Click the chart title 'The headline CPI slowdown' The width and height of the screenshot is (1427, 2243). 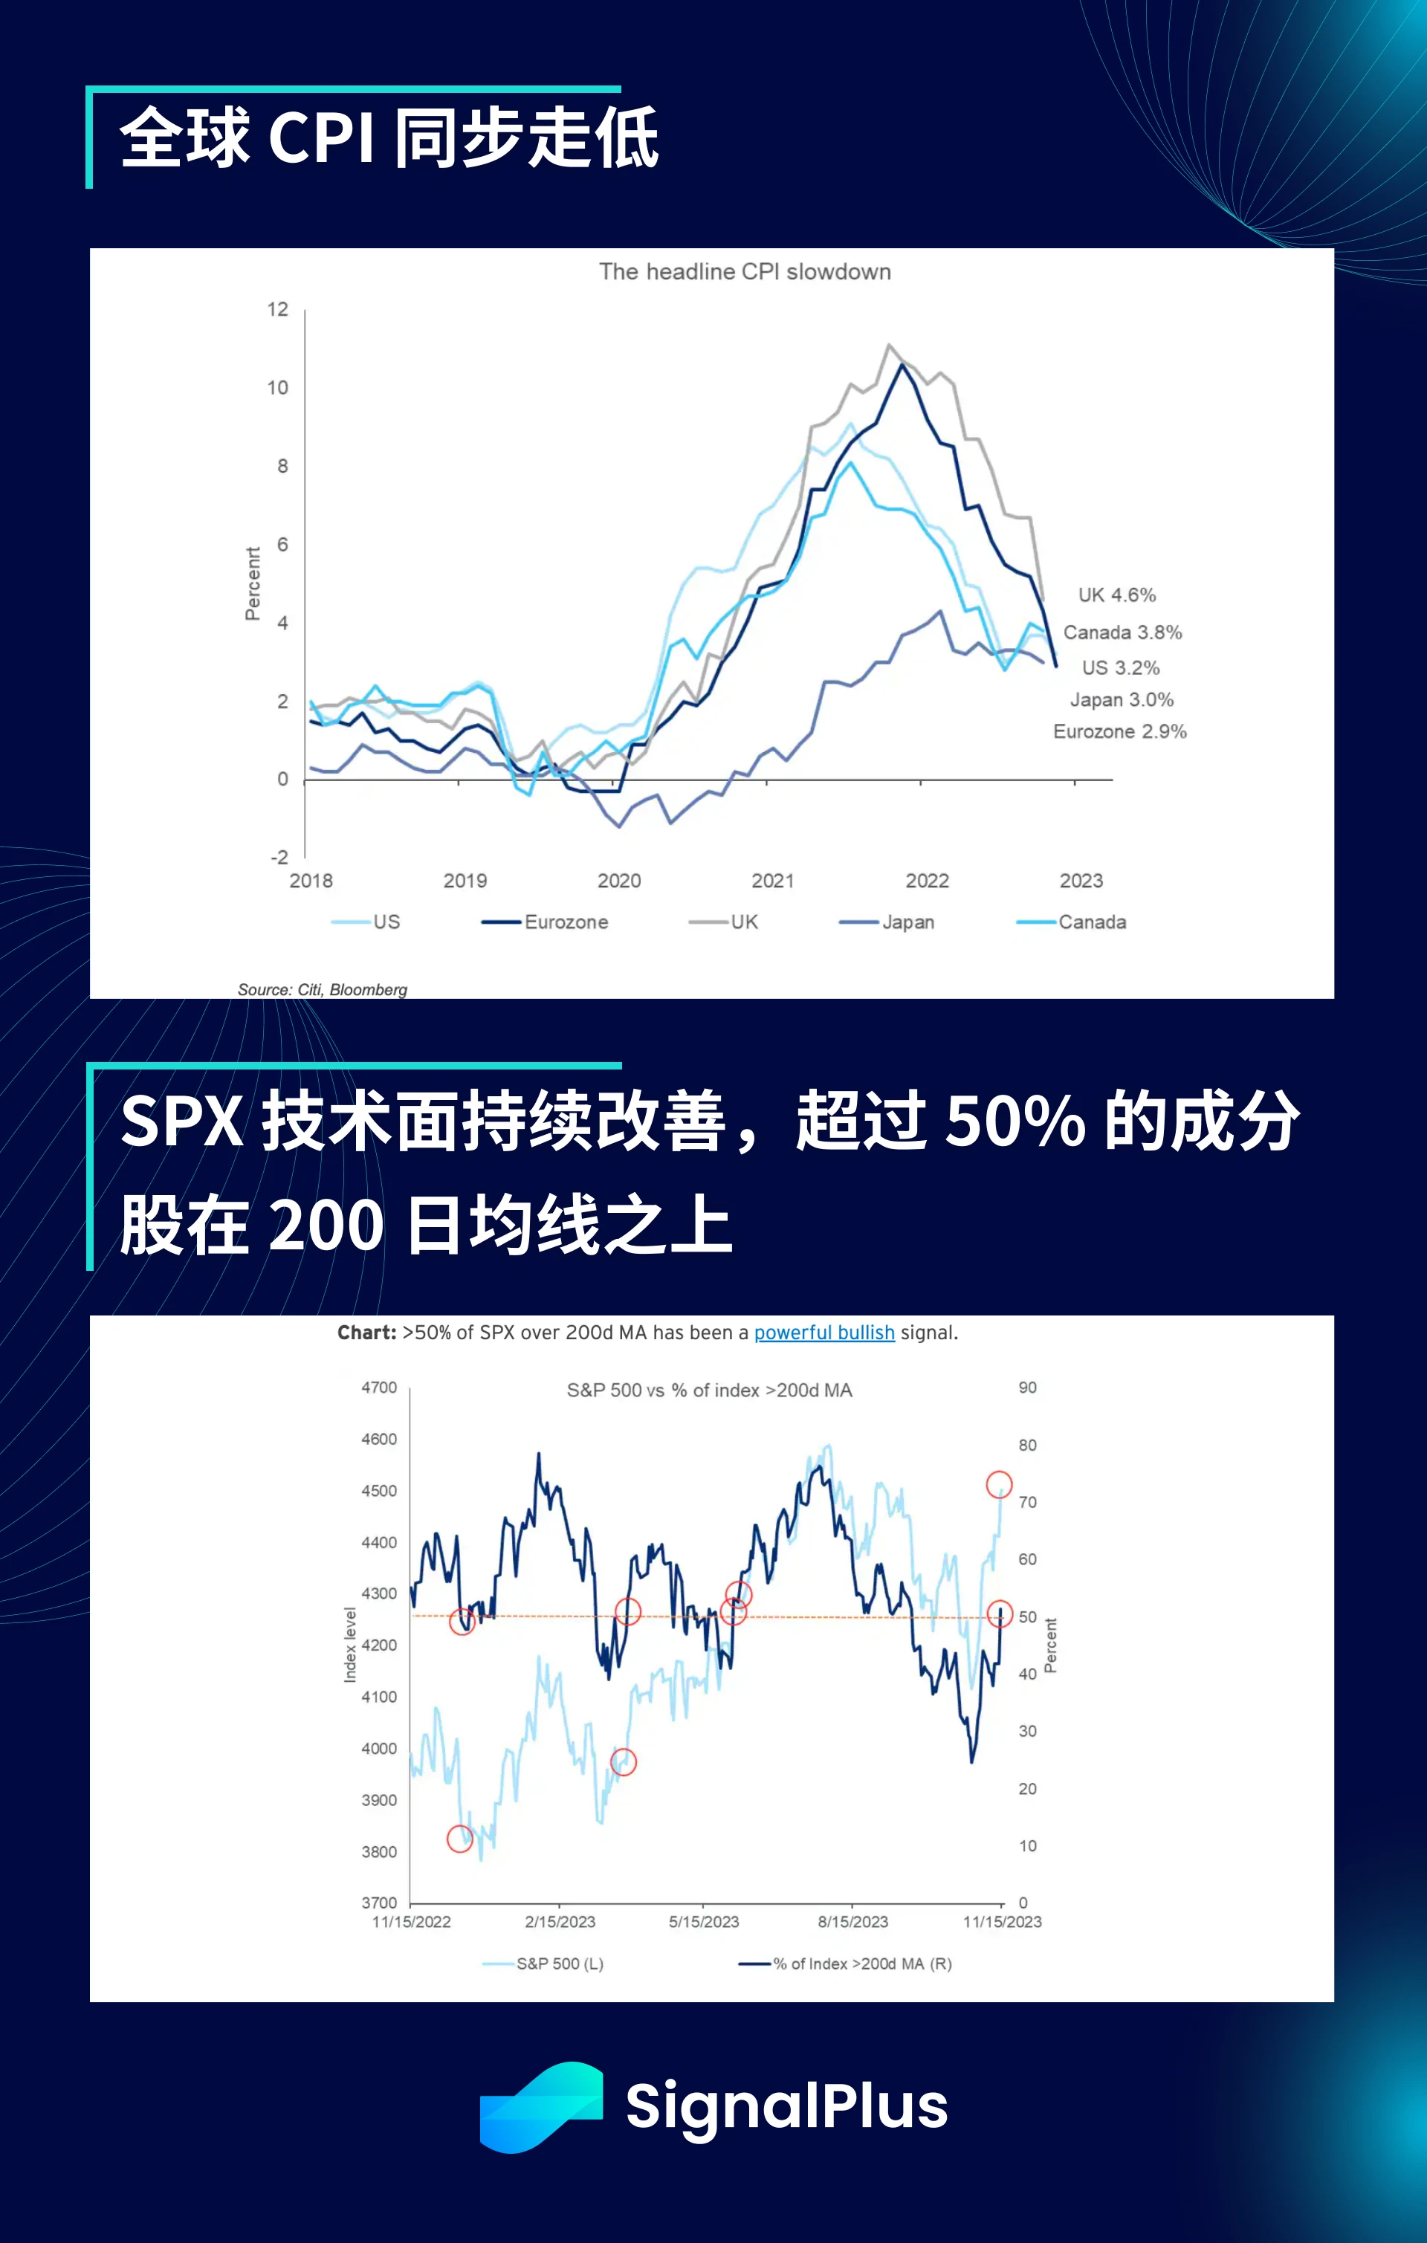(744, 272)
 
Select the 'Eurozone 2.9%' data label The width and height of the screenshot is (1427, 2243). (1119, 732)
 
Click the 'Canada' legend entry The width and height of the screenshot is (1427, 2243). (1091, 922)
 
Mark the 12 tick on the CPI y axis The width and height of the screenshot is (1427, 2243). (277, 309)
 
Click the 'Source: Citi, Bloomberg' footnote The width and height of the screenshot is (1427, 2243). (323, 989)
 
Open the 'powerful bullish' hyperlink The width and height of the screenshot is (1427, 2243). (823, 1333)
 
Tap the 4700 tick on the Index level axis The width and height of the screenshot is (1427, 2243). (379, 1388)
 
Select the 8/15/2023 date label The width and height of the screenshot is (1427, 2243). (852, 1922)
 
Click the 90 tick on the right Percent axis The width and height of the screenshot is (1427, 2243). (1027, 1388)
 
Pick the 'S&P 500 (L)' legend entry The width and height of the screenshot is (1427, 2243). (559, 1964)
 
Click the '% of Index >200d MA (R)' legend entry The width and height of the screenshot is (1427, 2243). (861, 1964)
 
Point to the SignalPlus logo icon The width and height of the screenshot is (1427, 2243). (541, 2108)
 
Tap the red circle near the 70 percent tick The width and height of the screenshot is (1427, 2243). (998, 1485)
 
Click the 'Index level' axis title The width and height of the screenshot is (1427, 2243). (350, 1645)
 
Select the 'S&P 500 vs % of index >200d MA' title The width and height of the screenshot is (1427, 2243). (709, 1391)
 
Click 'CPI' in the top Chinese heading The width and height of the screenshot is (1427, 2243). (321, 137)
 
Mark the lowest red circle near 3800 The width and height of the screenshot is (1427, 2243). (460, 1839)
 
